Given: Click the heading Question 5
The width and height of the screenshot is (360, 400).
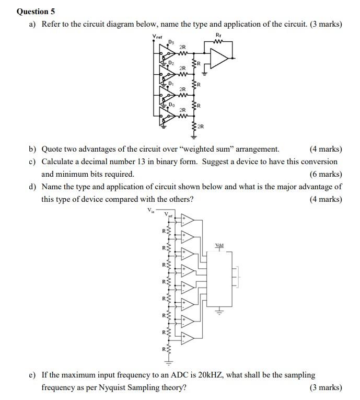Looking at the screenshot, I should click(36, 11).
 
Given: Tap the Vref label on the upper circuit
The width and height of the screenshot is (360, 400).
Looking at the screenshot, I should click(157, 36).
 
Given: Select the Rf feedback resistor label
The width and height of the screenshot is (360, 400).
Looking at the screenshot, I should click(218, 36).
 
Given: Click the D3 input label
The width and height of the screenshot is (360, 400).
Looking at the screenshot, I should click(170, 42).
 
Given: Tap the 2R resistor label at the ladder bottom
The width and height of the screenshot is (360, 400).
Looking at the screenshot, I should click(201, 127).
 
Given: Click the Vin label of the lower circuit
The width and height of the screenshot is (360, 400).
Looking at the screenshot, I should click(151, 211).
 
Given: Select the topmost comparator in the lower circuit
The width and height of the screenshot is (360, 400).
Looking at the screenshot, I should click(187, 221).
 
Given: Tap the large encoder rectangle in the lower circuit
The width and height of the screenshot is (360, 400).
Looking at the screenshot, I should click(219, 280).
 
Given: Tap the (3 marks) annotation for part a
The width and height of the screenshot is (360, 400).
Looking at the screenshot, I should click(326, 24).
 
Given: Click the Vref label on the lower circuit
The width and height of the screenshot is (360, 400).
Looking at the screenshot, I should click(168, 214).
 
